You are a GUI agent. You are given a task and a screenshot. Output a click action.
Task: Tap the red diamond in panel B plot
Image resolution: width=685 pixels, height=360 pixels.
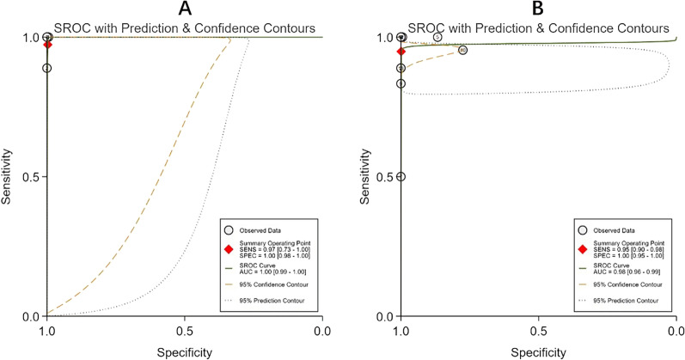point(401,51)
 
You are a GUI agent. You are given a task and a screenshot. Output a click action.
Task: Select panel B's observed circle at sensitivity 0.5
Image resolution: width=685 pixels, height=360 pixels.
point(401,176)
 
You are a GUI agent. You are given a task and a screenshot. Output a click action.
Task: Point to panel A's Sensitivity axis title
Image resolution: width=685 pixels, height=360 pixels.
point(9,177)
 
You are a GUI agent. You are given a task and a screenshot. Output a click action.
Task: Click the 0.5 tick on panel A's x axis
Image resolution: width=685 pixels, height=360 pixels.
point(185,329)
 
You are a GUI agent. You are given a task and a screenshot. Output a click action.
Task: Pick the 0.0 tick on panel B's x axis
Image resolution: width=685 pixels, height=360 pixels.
point(676,329)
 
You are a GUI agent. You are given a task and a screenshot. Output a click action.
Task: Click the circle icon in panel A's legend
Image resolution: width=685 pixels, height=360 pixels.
point(229,230)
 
